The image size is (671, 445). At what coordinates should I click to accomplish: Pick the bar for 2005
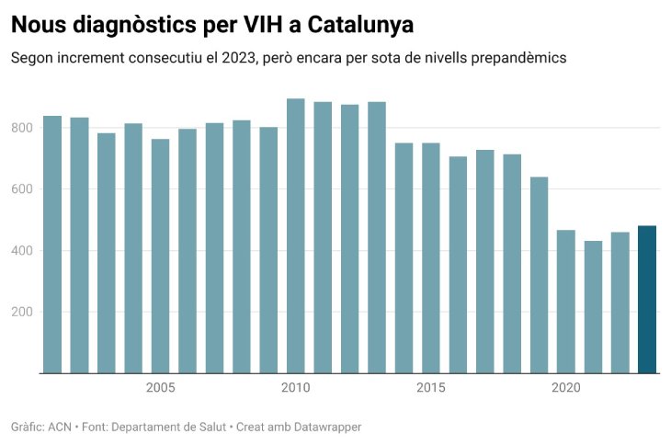coord(161,257)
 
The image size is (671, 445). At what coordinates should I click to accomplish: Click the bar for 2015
coord(431,258)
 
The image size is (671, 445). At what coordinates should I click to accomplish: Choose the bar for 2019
coord(540,275)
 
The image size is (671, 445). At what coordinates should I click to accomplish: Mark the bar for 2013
coord(377,238)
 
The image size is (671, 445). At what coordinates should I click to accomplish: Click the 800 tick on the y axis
coord(23,128)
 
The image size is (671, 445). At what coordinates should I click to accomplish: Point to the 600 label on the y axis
coord(23,189)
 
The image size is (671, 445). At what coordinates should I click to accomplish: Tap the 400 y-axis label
coord(23,251)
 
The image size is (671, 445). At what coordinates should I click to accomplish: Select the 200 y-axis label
coord(23,313)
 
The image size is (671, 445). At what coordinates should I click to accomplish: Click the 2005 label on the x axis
coord(161,388)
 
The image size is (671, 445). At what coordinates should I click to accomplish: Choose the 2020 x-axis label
coord(566,388)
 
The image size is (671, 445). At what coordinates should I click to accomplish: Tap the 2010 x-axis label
coord(296,388)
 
